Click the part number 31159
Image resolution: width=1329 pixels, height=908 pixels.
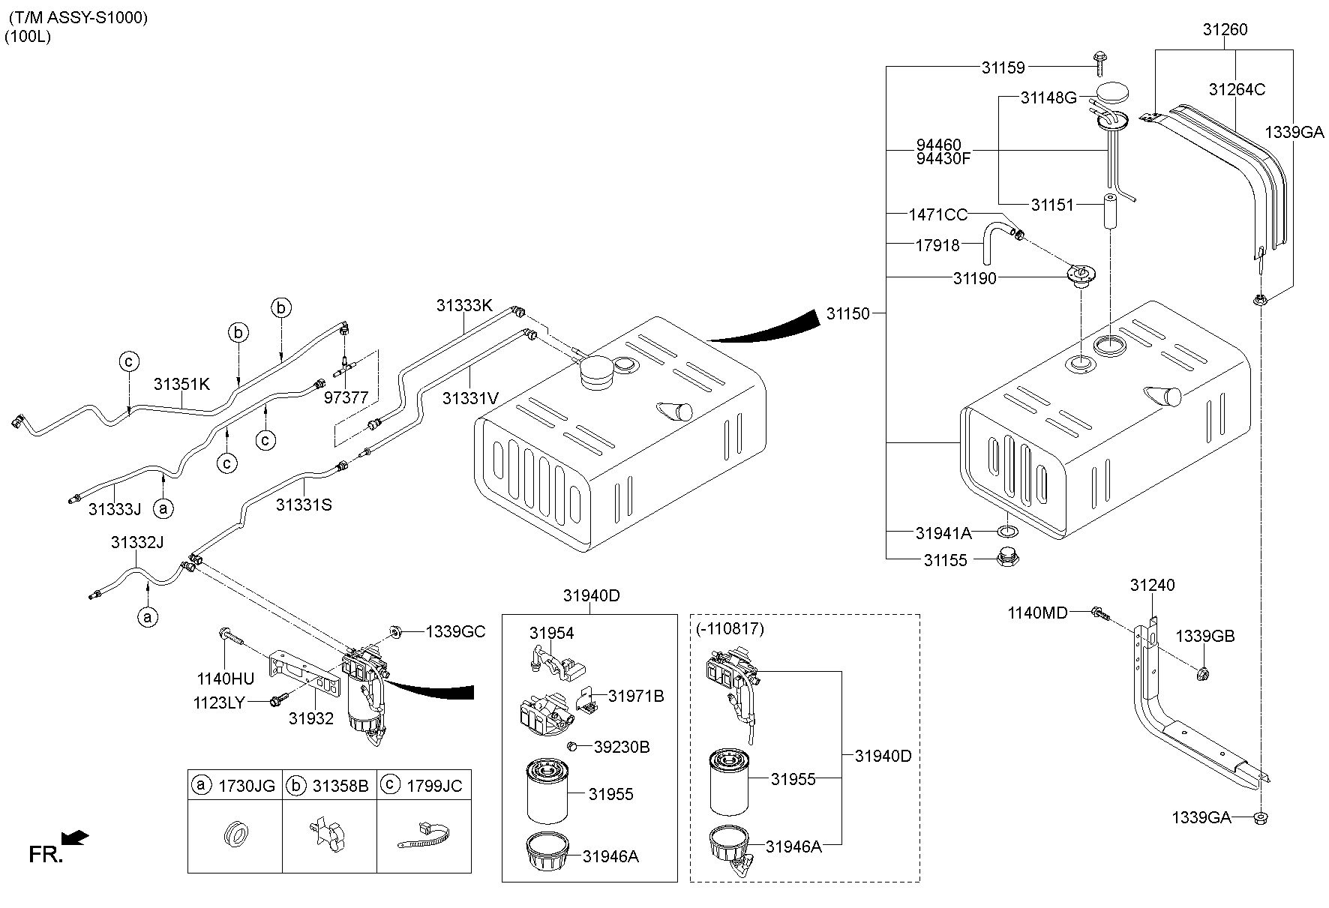click(1003, 67)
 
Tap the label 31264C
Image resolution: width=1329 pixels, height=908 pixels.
click(1237, 89)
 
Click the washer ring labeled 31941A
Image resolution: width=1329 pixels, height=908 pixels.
click(1008, 532)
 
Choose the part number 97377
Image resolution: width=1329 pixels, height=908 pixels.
click(346, 397)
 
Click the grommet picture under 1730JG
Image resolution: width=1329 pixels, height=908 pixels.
click(234, 834)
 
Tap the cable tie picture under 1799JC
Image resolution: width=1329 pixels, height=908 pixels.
click(423, 835)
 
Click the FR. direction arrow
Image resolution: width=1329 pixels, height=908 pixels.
click(75, 838)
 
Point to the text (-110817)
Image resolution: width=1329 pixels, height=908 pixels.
click(730, 629)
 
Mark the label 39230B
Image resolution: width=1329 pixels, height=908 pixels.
click(622, 747)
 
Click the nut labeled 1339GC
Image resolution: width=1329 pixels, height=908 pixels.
click(395, 631)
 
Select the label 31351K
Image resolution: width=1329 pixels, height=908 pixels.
click(181, 384)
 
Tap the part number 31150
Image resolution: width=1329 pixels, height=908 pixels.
click(848, 313)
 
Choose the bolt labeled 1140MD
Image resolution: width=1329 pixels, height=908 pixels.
click(1100, 613)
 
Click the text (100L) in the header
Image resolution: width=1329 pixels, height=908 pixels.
click(28, 37)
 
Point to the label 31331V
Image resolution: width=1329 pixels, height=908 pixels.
click(470, 398)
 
